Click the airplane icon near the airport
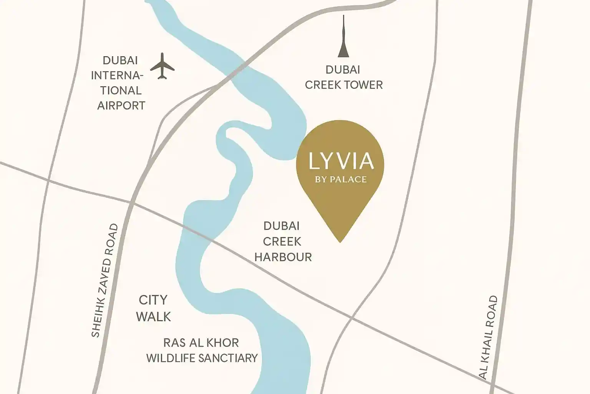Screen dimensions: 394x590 tap(162, 66)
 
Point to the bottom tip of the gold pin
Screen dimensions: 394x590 tap(340, 242)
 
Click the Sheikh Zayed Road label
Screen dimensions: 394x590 tap(104, 281)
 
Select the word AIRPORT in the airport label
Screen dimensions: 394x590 tap(121, 105)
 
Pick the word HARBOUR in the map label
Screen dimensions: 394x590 tap(283, 257)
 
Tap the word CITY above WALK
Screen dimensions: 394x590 tap(153, 300)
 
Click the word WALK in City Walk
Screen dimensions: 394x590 tap(154, 317)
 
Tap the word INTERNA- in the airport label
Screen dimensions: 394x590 tap(117, 75)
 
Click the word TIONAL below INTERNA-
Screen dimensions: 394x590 tap(121, 90)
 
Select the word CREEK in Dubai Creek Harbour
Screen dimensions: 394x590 tap(282, 242)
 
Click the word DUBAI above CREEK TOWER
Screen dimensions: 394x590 tap(343, 70)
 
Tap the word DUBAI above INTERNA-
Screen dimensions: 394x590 tap(120, 60)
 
